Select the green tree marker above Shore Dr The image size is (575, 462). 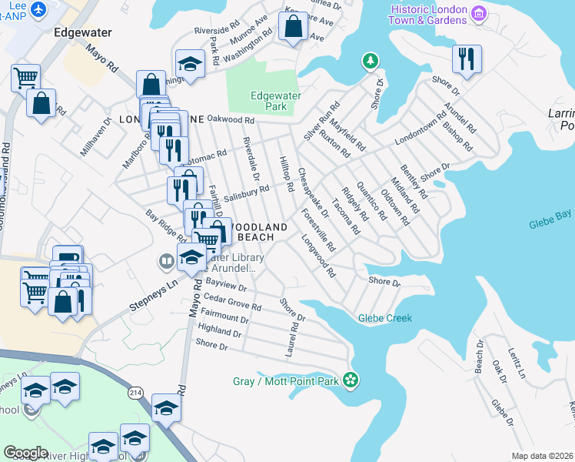pos(370,60)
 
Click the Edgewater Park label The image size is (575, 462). pos(276,100)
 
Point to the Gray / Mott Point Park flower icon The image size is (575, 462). pos(351,380)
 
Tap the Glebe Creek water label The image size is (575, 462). pos(385,318)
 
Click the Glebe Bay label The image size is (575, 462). pos(550,224)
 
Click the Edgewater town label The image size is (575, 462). pos(84,33)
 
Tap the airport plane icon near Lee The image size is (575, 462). pos(37,8)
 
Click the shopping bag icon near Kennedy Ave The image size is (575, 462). pos(294,26)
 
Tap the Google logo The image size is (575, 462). pos(25,453)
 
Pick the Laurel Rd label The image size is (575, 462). pos(292,339)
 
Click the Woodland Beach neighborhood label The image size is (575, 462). pos(260,232)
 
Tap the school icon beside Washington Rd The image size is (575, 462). pos(190,62)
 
